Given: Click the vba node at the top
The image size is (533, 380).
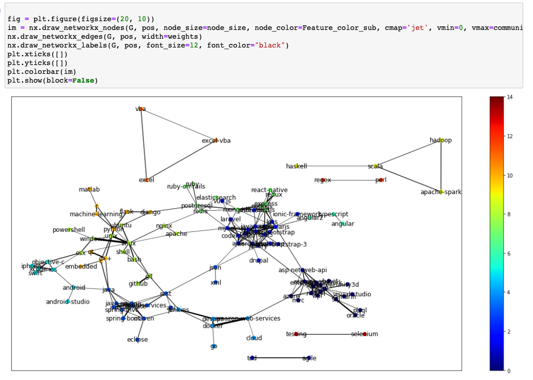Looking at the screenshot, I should (140, 109).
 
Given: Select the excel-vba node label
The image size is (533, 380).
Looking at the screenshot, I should (216, 140).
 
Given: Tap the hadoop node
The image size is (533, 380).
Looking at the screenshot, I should (441, 140).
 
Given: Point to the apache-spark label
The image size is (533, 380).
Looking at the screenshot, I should (441, 192).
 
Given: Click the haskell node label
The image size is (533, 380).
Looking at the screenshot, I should (296, 166).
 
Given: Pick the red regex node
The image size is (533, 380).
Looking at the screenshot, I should (322, 180).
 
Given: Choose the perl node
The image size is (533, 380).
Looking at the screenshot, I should (381, 180).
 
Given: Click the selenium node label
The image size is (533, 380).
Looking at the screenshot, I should (365, 334).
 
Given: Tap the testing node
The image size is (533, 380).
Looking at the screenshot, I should (296, 334).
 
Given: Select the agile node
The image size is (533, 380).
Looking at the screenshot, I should (309, 358).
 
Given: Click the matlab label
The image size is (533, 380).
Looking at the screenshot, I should (89, 189).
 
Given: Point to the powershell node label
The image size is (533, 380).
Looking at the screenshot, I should (69, 230).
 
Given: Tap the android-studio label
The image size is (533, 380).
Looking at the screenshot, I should (68, 302).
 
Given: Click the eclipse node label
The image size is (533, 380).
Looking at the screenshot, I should (137, 339).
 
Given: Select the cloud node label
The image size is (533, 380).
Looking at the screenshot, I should (254, 338).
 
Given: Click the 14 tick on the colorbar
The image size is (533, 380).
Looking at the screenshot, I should (509, 97).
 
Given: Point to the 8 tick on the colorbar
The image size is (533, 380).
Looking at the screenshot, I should (509, 214).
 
